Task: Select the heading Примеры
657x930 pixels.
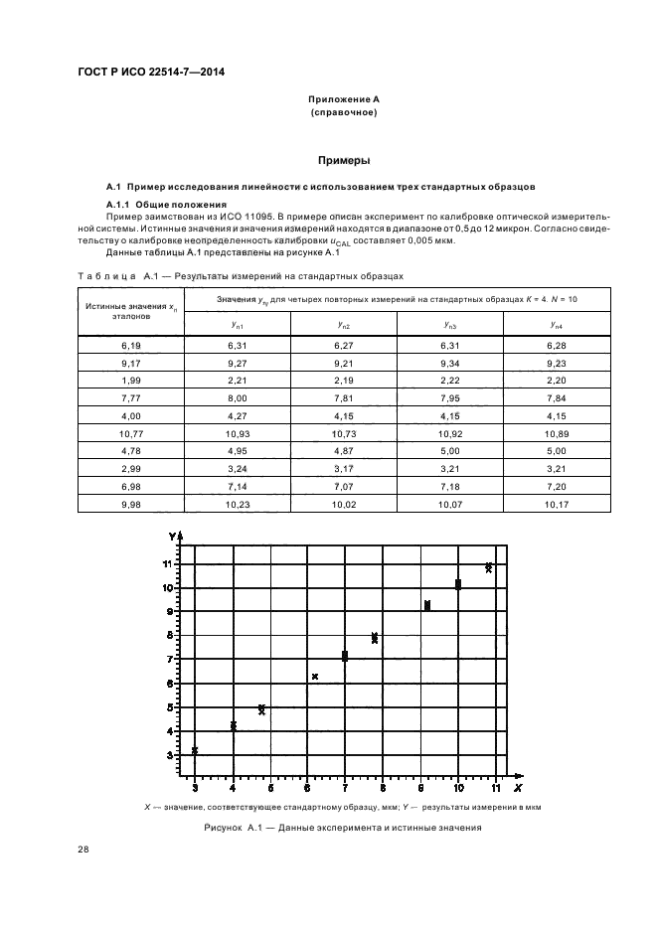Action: (x=343, y=159)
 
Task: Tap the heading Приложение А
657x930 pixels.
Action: (x=343, y=100)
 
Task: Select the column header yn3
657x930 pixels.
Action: (x=450, y=325)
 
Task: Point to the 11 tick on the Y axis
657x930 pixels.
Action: (x=170, y=563)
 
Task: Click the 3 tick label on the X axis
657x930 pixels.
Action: (x=195, y=788)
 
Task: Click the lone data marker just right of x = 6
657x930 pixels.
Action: (x=315, y=677)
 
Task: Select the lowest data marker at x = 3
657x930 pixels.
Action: (x=195, y=750)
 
